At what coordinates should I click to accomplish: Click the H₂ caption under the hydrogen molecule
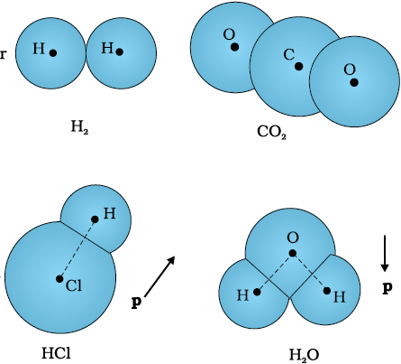[x=79, y=126]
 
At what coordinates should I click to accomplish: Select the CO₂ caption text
[x=272, y=132]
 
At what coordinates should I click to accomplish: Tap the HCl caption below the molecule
[x=56, y=353]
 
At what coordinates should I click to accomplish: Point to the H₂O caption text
[x=304, y=355]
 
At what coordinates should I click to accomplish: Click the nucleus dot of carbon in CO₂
[x=298, y=67]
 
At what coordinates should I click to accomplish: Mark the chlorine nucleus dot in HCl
[x=59, y=279]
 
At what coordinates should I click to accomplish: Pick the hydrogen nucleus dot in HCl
[x=95, y=219]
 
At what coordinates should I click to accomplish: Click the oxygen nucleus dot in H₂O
[x=293, y=254]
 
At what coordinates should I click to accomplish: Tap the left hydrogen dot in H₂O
[x=257, y=292]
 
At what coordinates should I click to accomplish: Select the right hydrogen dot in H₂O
[x=327, y=291]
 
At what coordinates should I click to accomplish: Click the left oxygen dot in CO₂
[x=235, y=47]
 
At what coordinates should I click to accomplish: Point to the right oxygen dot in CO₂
[x=354, y=82]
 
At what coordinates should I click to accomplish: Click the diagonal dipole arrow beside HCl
[x=159, y=276]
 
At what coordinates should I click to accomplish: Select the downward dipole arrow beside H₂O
[x=385, y=254]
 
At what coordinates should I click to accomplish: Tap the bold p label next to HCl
[x=136, y=302]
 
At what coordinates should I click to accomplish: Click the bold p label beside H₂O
[x=387, y=288]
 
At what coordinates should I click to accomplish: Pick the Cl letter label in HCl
[x=74, y=285]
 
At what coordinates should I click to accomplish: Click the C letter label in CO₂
[x=288, y=55]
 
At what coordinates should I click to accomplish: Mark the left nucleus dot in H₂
[x=53, y=53]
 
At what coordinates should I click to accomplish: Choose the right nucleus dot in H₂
[x=120, y=52]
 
